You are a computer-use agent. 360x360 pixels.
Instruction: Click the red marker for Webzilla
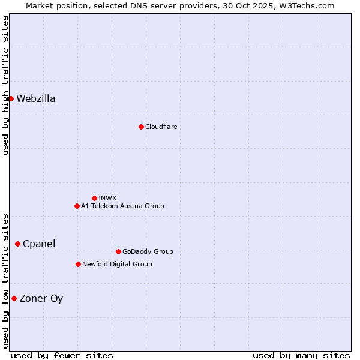tap(11, 98)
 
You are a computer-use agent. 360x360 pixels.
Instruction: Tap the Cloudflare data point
tap(141, 127)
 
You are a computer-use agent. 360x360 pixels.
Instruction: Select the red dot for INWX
tap(94, 198)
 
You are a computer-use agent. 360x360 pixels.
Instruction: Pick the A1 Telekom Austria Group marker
tap(77, 206)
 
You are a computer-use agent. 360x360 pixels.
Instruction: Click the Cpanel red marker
tap(17, 244)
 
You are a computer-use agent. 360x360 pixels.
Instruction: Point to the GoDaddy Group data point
tap(118, 251)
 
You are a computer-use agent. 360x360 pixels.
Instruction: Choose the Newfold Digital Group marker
tap(78, 264)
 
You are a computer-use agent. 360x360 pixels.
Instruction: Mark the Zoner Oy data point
tap(14, 298)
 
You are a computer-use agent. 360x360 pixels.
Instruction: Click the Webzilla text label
tap(36, 99)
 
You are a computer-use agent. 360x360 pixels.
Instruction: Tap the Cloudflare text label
tap(161, 127)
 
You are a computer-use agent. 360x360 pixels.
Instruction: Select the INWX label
tap(107, 198)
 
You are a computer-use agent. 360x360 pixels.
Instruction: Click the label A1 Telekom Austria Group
tap(122, 206)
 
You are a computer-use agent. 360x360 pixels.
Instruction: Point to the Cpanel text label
tap(39, 244)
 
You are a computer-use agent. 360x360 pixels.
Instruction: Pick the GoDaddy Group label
tap(148, 251)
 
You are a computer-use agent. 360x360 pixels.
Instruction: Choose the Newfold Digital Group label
tap(117, 264)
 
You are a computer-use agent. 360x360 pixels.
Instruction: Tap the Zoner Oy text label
tap(41, 299)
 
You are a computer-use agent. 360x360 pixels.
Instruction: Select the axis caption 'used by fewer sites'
tap(62, 355)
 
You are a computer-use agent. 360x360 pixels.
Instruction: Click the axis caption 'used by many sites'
tap(301, 355)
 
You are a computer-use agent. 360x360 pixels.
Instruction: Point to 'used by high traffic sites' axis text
tap(5, 85)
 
